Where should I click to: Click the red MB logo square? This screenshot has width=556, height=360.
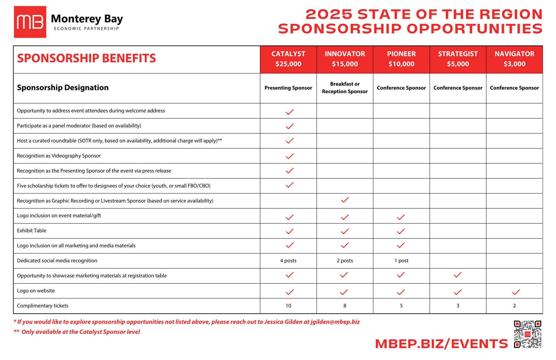point(30,22)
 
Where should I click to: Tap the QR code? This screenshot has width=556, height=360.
point(527,334)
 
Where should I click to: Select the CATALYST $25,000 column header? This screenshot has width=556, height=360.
point(288,59)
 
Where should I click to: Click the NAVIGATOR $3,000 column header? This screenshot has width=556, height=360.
point(514,59)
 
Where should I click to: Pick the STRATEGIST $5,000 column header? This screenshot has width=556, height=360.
point(458,59)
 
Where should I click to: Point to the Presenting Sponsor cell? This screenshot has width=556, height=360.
point(288,88)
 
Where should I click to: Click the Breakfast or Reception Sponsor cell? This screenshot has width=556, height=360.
point(345,88)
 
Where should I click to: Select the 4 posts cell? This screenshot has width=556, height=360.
point(288,261)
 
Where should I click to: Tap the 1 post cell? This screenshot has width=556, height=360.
point(401,261)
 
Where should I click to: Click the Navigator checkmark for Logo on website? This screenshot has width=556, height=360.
point(516,292)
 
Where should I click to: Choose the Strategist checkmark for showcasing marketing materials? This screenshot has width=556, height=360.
point(458,275)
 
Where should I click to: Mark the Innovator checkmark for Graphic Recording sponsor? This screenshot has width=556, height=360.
point(345,200)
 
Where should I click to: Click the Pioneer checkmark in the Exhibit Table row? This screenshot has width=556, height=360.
point(401,231)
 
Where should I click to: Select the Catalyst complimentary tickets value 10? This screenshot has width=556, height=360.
point(288,306)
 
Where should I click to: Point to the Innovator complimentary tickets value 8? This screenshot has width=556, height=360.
point(345,306)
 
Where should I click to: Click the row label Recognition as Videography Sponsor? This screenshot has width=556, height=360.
point(59,156)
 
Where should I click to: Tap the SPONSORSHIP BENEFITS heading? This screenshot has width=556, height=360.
point(86,58)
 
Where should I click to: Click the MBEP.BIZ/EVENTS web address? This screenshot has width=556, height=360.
point(441,344)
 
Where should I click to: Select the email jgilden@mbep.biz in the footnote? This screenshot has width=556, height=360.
point(335,322)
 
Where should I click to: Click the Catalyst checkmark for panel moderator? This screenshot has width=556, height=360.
point(289,126)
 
